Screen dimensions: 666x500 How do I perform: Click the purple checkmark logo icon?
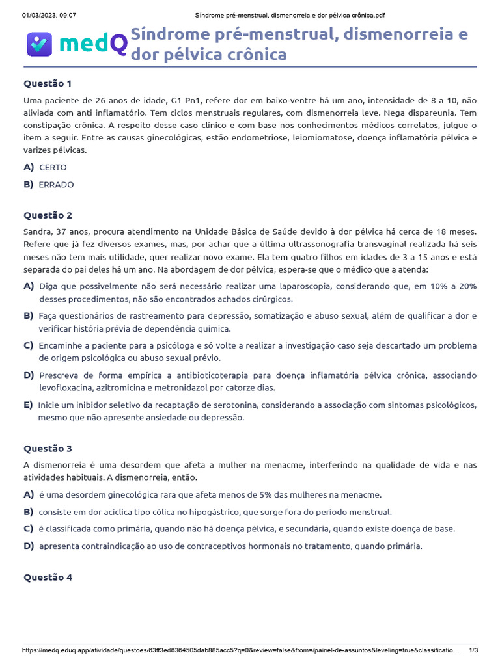(39, 44)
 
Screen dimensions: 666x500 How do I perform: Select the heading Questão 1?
(48, 83)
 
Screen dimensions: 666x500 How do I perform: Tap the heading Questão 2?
(48, 215)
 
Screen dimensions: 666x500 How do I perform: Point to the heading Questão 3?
(48, 448)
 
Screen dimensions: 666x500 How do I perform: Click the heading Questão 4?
(48, 577)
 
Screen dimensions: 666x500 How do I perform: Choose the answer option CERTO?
(53, 167)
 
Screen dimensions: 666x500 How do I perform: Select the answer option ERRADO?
(56, 184)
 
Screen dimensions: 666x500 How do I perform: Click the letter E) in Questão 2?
(28, 405)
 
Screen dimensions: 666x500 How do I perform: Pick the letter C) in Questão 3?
(28, 528)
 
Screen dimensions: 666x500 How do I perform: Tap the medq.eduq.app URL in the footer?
(241, 650)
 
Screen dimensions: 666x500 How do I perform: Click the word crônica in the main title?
(257, 54)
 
